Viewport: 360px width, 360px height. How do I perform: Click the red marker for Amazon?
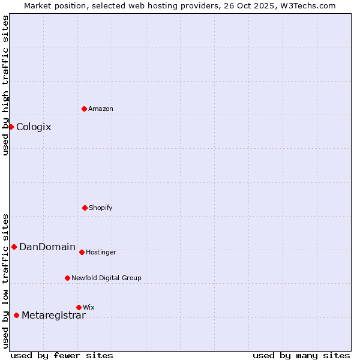84,109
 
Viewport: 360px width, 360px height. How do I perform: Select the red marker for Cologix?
11,127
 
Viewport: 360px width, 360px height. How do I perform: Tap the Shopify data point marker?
85,208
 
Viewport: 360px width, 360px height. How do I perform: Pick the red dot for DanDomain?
14,247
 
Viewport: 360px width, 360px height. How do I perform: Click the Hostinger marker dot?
82,252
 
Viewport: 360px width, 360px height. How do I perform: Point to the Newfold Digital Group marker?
67,278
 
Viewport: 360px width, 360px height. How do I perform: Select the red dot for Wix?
79,307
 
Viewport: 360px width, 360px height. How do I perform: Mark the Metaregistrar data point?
16,315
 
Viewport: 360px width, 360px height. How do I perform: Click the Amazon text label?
101,109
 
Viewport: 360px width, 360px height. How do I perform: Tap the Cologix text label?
34,127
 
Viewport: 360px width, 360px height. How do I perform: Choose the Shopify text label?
101,208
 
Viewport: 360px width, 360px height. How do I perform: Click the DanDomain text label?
47,247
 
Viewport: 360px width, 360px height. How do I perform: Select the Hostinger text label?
101,252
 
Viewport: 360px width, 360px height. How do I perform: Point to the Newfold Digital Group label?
106,278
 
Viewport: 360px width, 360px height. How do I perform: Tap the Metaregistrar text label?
53,316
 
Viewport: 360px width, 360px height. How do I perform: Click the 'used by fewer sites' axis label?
62,355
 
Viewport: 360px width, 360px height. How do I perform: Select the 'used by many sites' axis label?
301,355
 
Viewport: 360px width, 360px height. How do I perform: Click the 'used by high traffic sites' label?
5,85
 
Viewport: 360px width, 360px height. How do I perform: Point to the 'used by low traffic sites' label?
5,280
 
